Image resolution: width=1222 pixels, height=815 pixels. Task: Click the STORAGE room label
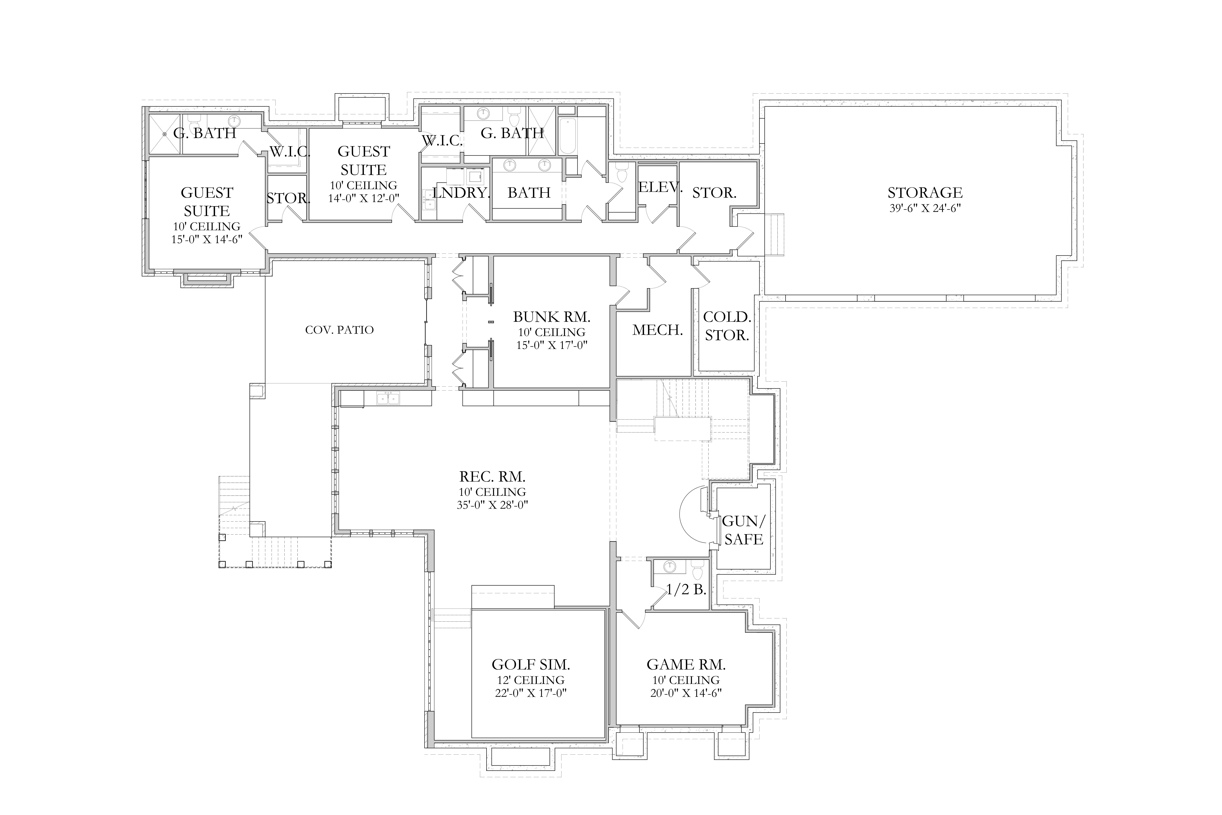[925, 193]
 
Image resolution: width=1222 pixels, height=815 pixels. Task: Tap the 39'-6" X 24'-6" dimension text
[925, 209]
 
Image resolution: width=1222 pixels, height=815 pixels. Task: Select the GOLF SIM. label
[531, 664]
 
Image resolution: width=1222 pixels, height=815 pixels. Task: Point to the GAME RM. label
[686, 664]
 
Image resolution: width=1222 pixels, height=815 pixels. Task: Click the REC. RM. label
[492, 476]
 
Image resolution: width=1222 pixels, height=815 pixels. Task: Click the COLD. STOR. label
[727, 326]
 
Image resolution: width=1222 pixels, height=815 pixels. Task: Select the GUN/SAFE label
[744, 530]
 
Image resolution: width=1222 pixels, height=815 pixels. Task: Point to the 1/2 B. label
[686, 589]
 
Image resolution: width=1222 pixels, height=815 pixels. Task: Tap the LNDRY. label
[461, 193]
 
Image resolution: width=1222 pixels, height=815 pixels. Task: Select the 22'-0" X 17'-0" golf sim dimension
[531, 693]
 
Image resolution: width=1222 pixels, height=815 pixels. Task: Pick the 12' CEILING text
[531, 680]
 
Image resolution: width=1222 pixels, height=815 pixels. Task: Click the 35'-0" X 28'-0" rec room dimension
[492, 505]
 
